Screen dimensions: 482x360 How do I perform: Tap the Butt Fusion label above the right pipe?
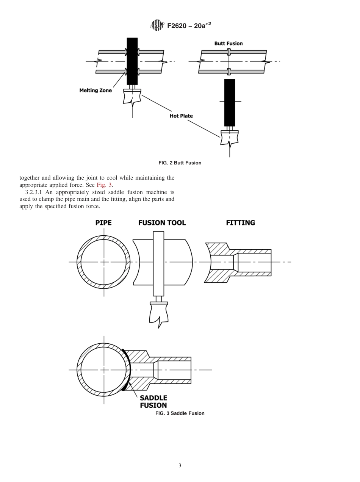[x=229, y=43]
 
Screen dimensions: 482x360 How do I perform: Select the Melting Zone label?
[x=95, y=91]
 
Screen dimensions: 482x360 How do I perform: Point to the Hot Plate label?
[x=181, y=116]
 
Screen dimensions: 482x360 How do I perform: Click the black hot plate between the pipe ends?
[x=132, y=61]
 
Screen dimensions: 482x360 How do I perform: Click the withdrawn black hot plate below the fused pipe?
[x=230, y=102]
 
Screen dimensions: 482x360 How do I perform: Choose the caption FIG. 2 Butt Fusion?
[x=180, y=163]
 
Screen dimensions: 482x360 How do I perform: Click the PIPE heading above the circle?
[x=103, y=223]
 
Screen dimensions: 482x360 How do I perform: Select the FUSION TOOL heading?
[x=162, y=223]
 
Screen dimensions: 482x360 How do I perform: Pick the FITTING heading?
[x=240, y=223]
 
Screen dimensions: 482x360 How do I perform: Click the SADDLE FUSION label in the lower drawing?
[x=153, y=402]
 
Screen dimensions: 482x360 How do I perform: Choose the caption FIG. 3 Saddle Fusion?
[x=180, y=413]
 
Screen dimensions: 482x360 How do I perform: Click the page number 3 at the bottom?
[x=180, y=466]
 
